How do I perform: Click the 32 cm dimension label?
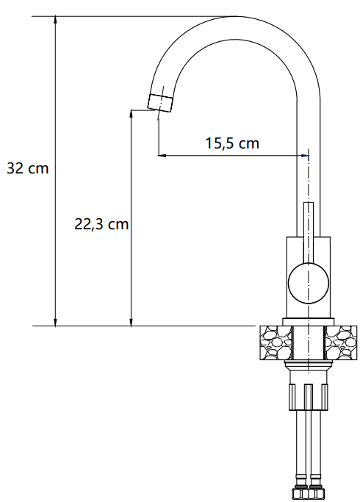(x=27, y=168)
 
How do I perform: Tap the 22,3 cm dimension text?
(x=101, y=223)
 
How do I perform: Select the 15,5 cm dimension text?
(x=232, y=143)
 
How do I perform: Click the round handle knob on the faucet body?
(x=309, y=283)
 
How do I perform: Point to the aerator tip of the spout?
(x=160, y=103)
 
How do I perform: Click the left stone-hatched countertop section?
(x=276, y=343)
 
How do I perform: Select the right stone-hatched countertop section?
(x=341, y=343)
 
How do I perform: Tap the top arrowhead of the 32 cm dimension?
(x=55, y=19)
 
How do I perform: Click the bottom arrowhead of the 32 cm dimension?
(x=55, y=322)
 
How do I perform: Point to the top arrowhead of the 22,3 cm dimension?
(x=131, y=113)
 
